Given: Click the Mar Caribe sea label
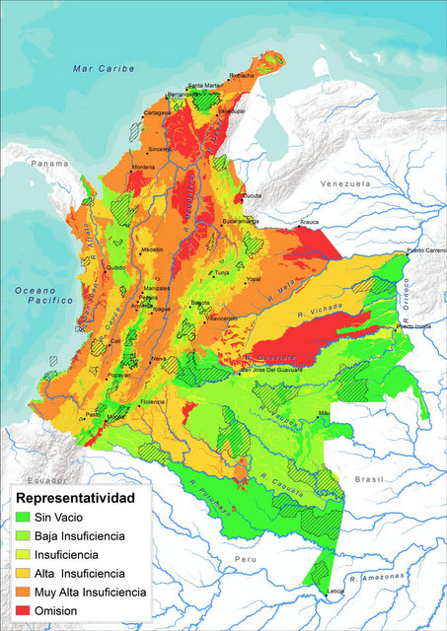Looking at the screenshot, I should tap(97, 68).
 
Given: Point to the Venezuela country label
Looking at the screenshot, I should tap(344, 183).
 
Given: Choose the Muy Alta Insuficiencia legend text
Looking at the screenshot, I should tap(90, 592).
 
